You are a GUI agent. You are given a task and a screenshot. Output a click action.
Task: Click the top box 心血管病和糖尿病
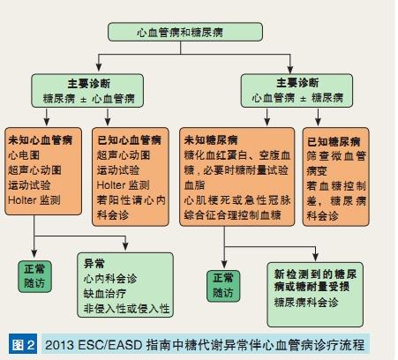(185, 32)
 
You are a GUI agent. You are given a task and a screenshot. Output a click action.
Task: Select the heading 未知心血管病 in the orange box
(41, 139)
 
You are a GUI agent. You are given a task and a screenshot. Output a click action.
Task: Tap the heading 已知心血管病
(129, 139)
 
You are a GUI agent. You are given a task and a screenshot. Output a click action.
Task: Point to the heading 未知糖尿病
(211, 139)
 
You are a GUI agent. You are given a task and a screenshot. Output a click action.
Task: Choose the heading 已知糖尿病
(334, 141)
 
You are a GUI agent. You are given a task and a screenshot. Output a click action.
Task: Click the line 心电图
(24, 155)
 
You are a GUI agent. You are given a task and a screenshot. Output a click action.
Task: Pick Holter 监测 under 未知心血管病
(34, 200)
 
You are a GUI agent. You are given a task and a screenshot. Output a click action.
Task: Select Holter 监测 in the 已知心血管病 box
(124, 185)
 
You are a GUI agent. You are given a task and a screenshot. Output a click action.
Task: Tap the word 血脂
(194, 185)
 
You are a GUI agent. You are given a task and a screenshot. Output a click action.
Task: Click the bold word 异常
(94, 263)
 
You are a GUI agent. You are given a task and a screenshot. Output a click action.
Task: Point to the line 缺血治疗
(105, 293)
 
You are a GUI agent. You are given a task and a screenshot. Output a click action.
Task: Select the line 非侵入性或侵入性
(127, 308)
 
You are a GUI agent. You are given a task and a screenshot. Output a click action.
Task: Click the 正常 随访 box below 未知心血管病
(34, 276)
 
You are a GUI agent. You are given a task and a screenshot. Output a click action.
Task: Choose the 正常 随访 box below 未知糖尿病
(223, 286)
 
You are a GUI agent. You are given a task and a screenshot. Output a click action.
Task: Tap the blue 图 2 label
(23, 344)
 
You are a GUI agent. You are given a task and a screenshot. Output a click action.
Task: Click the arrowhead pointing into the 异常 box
(125, 247)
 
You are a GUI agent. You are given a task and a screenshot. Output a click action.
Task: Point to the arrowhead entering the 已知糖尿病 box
(318, 122)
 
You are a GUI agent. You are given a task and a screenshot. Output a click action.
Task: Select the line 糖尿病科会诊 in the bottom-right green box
(306, 302)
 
